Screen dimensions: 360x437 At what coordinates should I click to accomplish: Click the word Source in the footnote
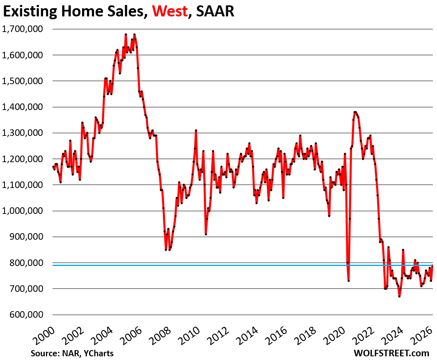tap(43, 353)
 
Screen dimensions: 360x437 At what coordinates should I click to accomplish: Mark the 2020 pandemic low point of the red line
tap(348, 281)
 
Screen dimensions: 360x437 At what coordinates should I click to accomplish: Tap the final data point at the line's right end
tap(432, 266)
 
